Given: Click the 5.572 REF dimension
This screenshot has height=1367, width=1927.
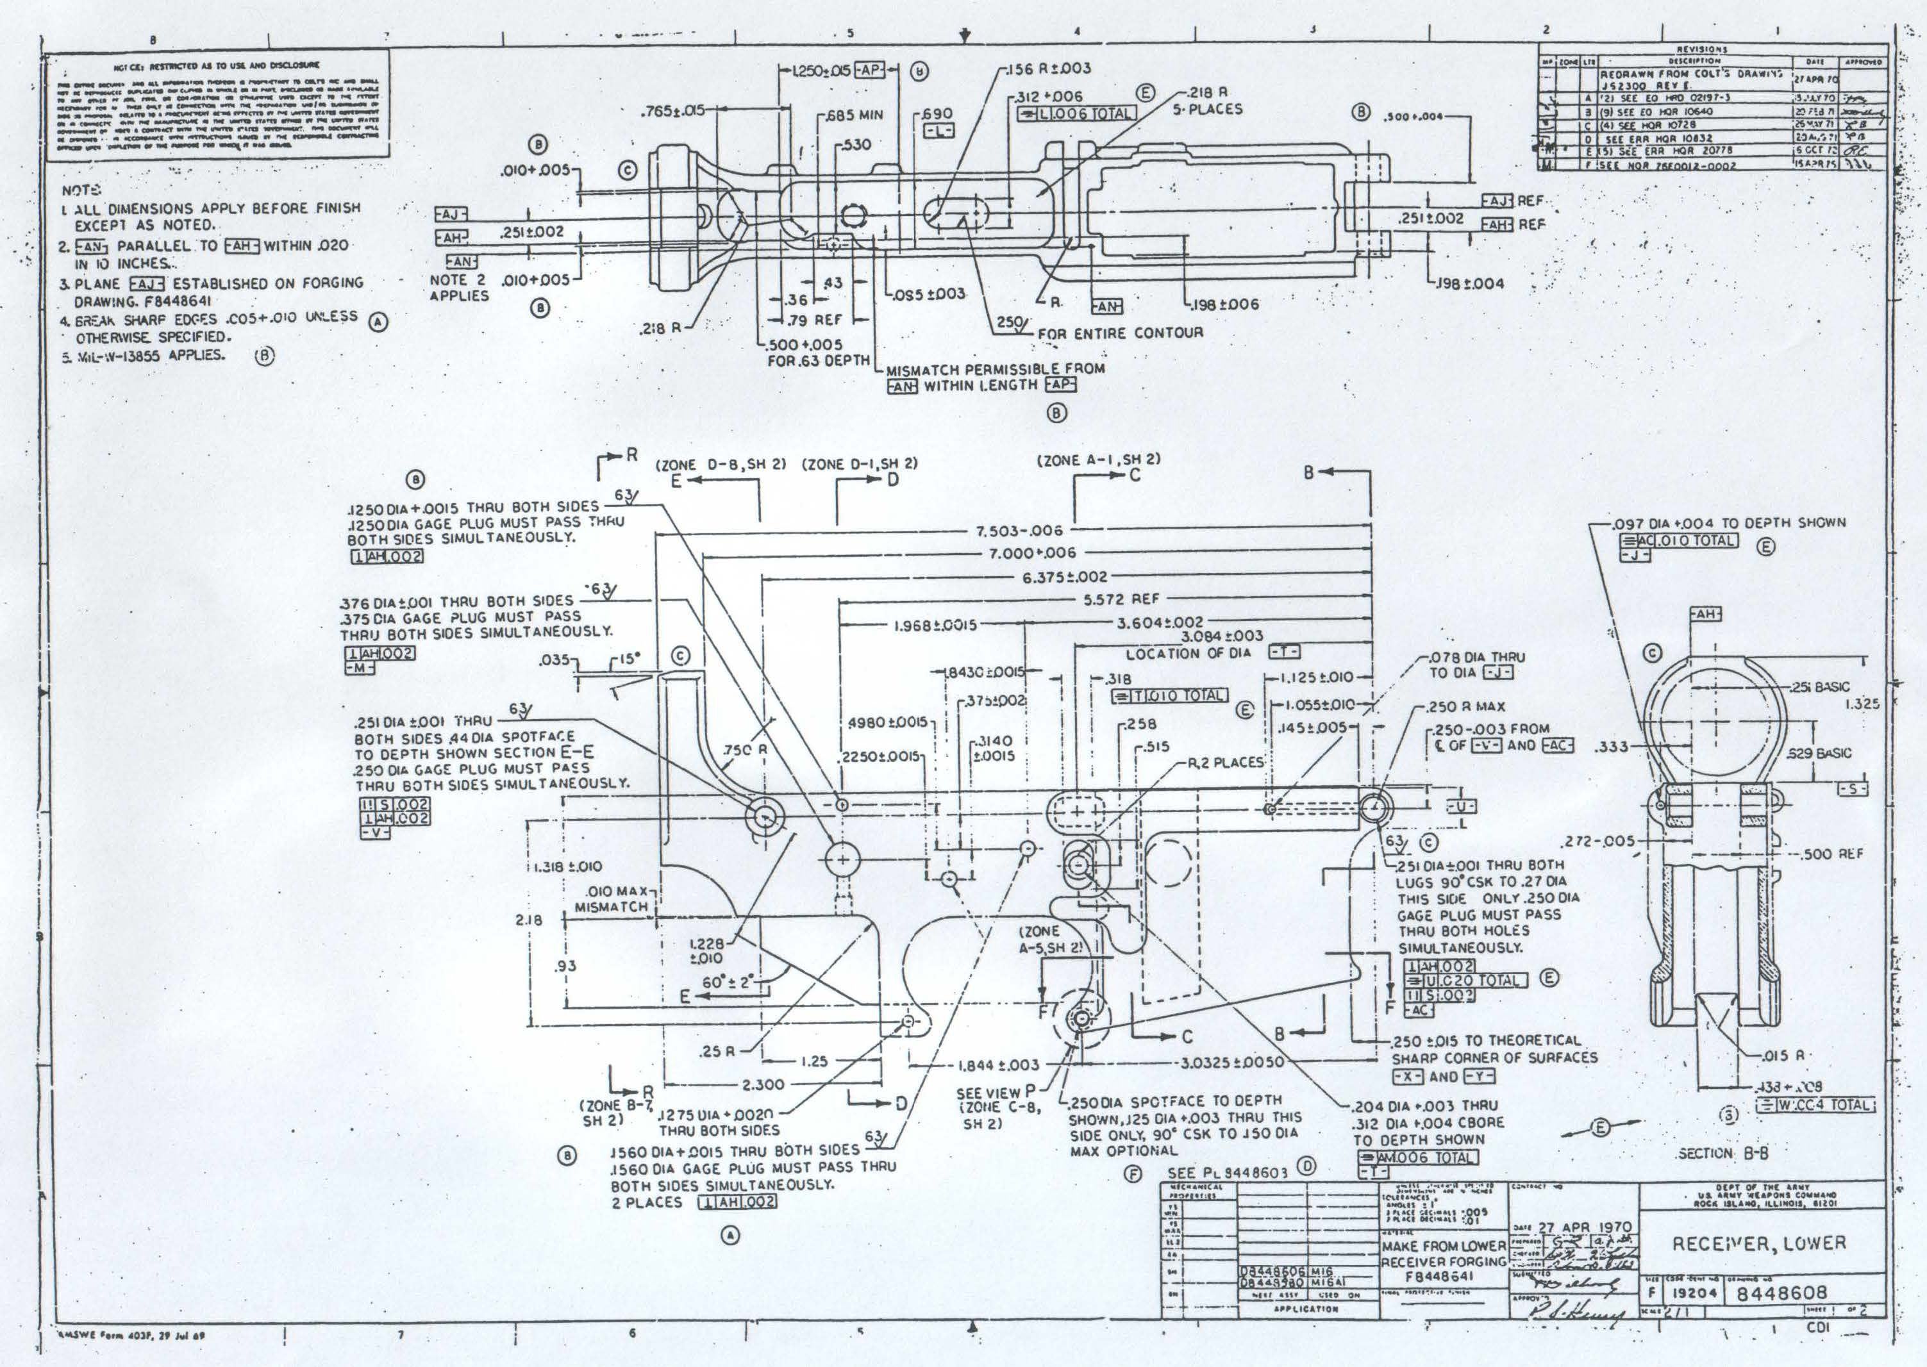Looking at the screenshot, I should click(1115, 599).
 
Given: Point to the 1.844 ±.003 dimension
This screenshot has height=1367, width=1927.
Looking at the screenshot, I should click(999, 1065).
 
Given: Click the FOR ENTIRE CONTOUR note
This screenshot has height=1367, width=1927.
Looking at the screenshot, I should click(1120, 333).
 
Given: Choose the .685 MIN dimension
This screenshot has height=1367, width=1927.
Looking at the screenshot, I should click(854, 115).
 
